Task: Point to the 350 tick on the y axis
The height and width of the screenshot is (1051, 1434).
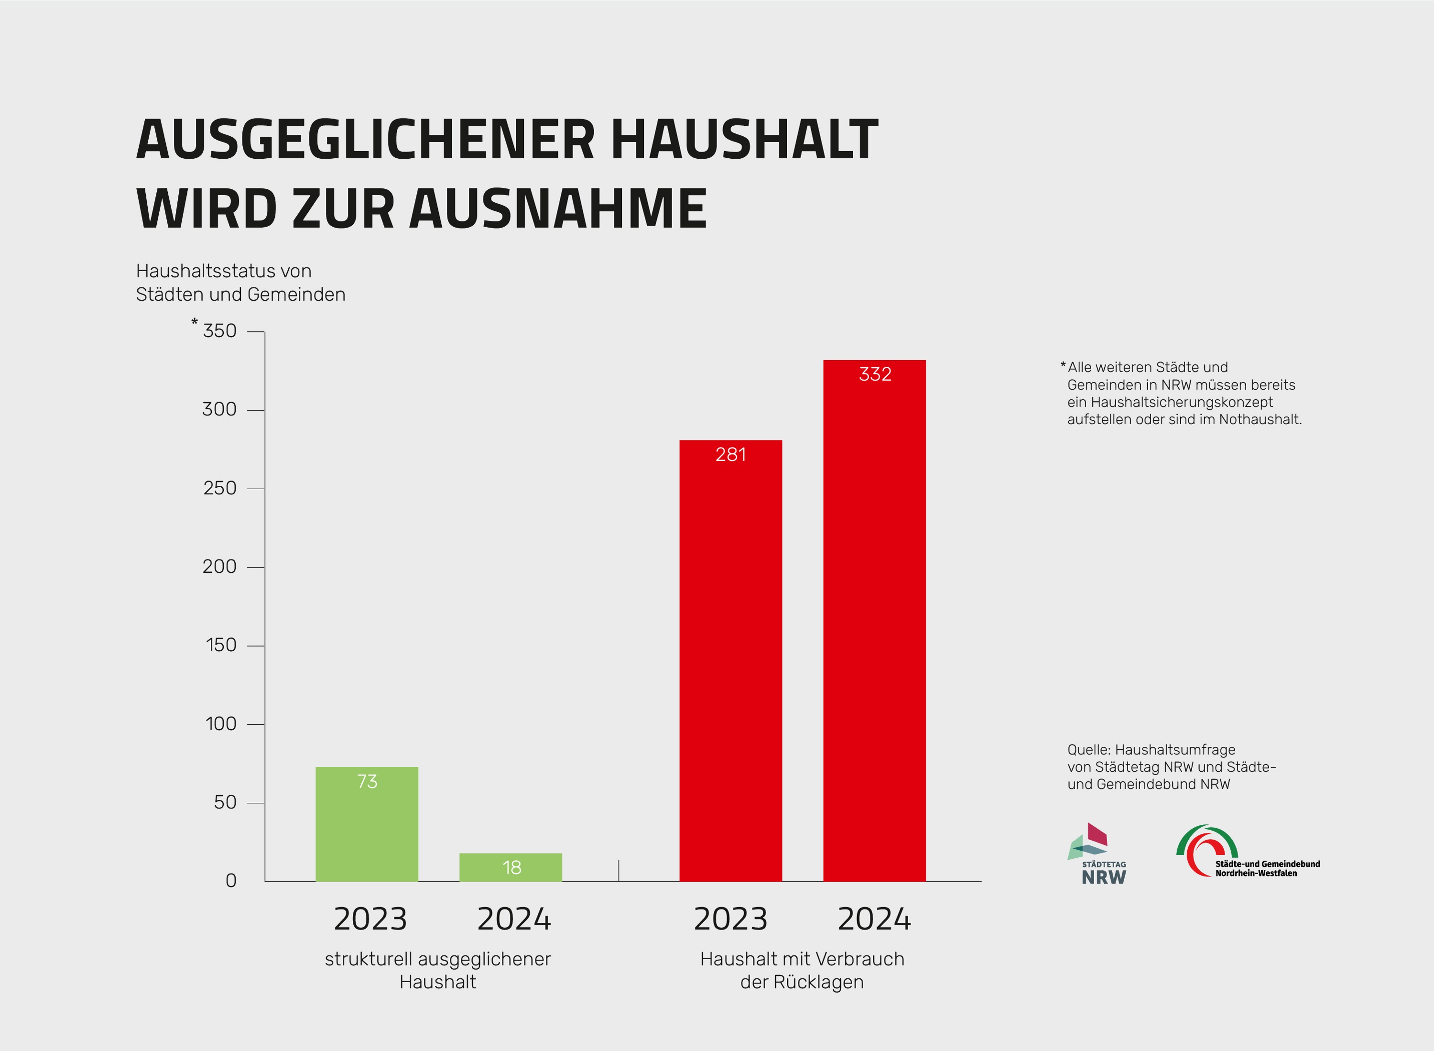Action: (x=219, y=331)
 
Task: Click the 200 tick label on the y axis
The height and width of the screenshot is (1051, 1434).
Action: (x=219, y=566)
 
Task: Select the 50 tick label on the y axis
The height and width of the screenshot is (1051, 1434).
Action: (x=225, y=802)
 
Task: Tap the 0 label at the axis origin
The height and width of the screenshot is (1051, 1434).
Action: (x=231, y=880)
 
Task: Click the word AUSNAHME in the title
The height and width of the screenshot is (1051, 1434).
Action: (x=558, y=208)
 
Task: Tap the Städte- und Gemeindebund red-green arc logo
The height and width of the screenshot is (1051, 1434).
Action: (x=1206, y=851)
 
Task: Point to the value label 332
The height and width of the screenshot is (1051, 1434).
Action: (x=875, y=374)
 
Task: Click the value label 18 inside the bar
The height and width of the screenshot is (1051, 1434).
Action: (x=511, y=867)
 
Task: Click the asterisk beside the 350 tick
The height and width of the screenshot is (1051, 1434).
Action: (x=195, y=323)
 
